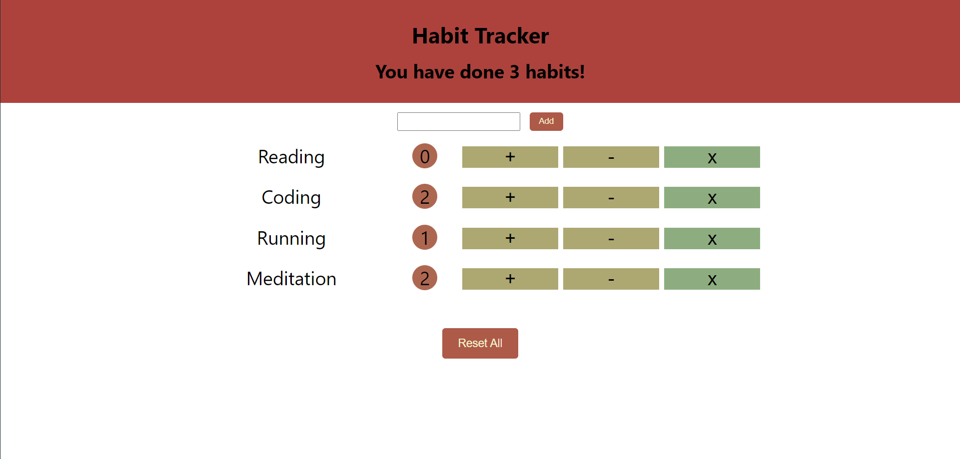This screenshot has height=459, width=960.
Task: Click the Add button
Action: (x=546, y=121)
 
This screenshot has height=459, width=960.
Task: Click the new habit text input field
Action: (x=458, y=121)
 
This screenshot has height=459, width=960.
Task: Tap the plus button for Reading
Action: (x=510, y=157)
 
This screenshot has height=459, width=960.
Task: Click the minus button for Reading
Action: (x=611, y=157)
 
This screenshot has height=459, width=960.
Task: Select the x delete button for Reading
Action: (x=712, y=157)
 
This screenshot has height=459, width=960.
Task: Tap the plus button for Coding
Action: (x=510, y=197)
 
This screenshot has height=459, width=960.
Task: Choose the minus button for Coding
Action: (x=611, y=197)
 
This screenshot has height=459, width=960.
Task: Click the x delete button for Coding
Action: (x=712, y=197)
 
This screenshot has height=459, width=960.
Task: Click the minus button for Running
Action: (x=611, y=238)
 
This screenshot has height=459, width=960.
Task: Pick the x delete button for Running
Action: (x=712, y=238)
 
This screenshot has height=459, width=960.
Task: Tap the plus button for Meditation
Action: (x=510, y=279)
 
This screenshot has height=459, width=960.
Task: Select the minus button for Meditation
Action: (x=611, y=279)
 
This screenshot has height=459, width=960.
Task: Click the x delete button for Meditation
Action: (x=712, y=279)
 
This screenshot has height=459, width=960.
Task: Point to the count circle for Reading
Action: (x=425, y=156)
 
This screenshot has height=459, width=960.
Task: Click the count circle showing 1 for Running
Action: (x=425, y=237)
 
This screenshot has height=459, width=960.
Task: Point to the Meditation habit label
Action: (x=291, y=279)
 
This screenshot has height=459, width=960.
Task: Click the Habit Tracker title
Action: (x=480, y=36)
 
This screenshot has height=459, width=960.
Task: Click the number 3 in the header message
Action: (x=514, y=72)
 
